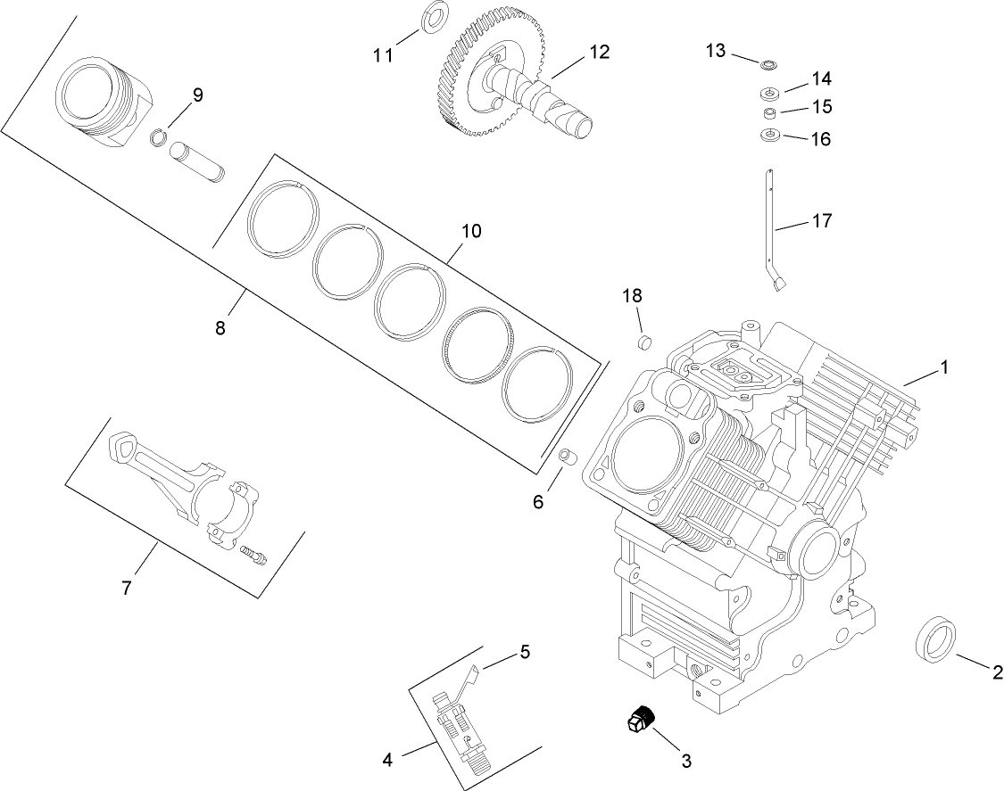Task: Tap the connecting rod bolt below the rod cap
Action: tap(253, 555)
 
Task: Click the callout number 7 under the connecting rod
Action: tap(127, 589)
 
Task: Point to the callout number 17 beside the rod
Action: tap(821, 220)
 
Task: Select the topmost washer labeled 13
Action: tap(767, 65)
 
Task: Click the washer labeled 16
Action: tap(768, 136)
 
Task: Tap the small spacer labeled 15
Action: tap(768, 112)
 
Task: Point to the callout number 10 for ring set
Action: tap(470, 232)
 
